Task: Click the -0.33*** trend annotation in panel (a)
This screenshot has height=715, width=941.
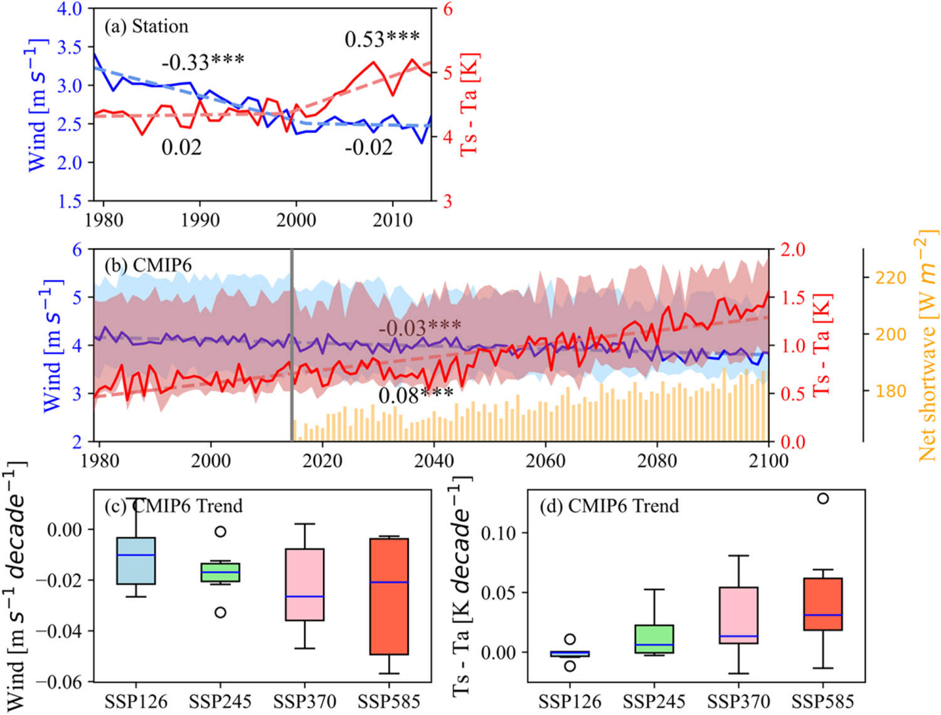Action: (203, 62)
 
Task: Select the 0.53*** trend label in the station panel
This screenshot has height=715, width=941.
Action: (381, 39)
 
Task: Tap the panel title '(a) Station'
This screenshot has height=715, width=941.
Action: (146, 26)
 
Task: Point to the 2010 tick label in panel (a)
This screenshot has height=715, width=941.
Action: (393, 220)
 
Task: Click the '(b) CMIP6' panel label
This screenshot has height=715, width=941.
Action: (148, 265)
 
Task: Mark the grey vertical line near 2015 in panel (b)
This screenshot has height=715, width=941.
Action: (292, 345)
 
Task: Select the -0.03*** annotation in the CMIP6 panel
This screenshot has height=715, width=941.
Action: (420, 326)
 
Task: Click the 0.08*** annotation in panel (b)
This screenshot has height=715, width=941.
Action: (415, 395)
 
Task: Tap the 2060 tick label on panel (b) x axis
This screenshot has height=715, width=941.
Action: (545, 461)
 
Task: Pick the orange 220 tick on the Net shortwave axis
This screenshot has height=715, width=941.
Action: (890, 278)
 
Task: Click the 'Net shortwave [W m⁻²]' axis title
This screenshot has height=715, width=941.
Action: (927, 346)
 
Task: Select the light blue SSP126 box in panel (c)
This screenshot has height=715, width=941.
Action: (136, 561)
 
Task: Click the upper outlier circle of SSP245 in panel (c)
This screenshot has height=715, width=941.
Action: (220, 531)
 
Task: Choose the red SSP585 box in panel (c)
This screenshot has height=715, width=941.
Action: (389, 596)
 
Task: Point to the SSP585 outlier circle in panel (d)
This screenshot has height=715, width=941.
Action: (822, 498)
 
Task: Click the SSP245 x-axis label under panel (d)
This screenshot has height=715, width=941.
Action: (654, 701)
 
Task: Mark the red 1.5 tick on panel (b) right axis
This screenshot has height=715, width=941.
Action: (793, 298)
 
